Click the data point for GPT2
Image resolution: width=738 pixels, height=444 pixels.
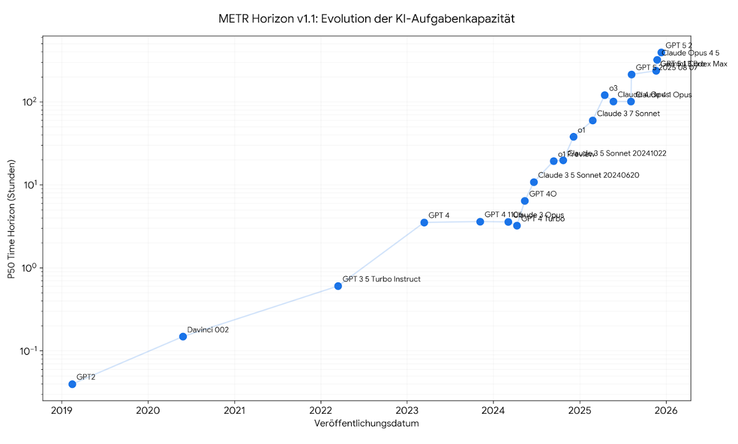(72, 384)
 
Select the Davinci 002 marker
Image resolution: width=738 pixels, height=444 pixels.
(183, 336)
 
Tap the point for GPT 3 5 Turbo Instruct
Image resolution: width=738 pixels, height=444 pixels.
(338, 286)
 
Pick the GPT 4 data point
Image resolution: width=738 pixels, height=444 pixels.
(424, 223)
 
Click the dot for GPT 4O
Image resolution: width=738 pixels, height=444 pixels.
(525, 201)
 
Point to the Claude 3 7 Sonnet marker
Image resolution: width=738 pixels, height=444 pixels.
(592, 120)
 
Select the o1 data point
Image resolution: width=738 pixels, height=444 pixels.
(574, 137)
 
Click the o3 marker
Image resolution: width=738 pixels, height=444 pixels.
(605, 95)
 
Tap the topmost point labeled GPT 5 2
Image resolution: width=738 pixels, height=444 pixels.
(661, 52)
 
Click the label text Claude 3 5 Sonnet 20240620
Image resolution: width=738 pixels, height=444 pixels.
(588, 175)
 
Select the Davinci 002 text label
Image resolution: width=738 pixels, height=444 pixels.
(208, 330)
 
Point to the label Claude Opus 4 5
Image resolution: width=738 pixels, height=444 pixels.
(691, 53)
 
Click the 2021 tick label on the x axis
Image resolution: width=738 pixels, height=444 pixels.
(234, 411)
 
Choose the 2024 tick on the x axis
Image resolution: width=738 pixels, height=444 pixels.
(493, 411)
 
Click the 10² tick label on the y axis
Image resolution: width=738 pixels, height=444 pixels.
(29, 102)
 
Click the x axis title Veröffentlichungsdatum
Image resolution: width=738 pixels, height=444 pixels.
(367, 424)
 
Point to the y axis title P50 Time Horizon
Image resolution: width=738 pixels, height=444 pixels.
(12, 219)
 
